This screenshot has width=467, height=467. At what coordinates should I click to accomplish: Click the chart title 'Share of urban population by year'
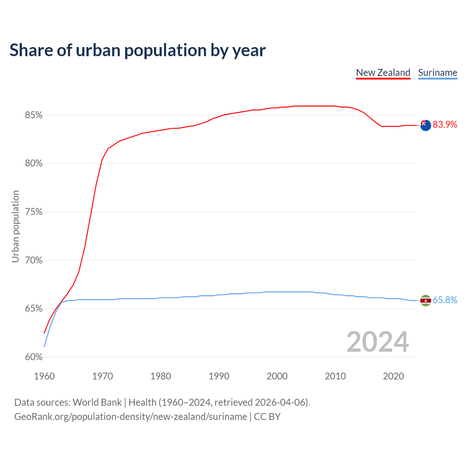138,50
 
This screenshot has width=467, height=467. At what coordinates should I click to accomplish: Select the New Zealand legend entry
383,73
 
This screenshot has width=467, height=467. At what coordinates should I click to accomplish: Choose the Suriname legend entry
437,73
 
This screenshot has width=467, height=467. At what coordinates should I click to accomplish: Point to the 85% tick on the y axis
34,115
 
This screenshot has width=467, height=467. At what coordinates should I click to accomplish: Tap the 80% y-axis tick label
34,163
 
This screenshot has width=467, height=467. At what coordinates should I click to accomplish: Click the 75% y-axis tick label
34,212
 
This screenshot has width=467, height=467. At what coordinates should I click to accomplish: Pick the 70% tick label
34,260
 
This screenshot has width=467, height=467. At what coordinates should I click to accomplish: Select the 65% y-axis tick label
34,309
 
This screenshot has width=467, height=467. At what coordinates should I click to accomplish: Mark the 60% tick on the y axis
34,357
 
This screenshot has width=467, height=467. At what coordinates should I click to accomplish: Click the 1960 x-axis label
45,376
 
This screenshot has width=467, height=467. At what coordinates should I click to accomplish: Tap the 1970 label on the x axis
103,376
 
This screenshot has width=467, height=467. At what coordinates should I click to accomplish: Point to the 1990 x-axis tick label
219,376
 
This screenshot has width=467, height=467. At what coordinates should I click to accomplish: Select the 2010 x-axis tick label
335,376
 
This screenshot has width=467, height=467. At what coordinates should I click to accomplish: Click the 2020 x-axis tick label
393,376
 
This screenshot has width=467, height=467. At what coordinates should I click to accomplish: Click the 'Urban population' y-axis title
15,226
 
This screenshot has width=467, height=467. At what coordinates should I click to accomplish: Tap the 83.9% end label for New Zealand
445,125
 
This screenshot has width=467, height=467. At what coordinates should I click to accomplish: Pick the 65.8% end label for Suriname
445,300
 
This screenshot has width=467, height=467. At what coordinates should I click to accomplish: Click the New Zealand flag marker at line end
425,125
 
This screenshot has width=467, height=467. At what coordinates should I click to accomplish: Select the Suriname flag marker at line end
425,301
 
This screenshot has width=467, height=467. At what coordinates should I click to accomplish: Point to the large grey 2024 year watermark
378,342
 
